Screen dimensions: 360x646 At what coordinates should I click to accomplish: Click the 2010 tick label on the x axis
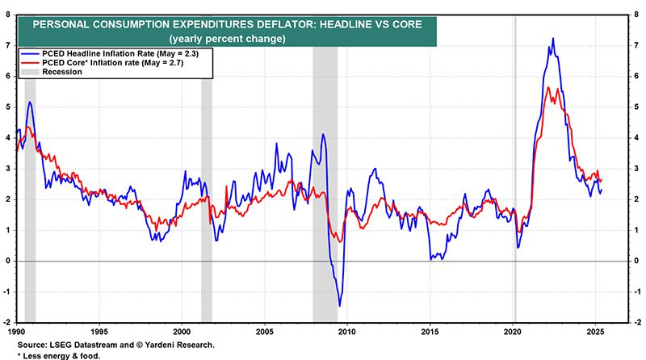pyautogui.click(x=347, y=331)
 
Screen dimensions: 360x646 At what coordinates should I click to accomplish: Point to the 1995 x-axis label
pyautogui.click(x=99, y=331)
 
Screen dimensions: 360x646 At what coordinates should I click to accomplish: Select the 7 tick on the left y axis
pyautogui.click(x=8, y=45)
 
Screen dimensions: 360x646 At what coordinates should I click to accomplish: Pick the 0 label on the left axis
pyautogui.click(x=8, y=261)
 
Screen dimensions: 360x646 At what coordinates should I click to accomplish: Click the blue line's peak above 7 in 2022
pyautogui.click(x=552, y=39)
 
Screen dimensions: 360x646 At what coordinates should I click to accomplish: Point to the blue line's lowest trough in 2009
pyautogui.click(x=339, y=305)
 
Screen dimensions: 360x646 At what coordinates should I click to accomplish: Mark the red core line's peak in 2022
pyautogui.click(x=548, y=87)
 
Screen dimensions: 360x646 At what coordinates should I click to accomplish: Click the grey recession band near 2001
pyautogui.click(x=206, y=202)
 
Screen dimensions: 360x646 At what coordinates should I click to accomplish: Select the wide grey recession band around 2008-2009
pyautogui.click(x=325, y=202)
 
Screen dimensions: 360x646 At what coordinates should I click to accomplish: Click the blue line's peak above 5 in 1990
pyautogui.click(x=30, y=102)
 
